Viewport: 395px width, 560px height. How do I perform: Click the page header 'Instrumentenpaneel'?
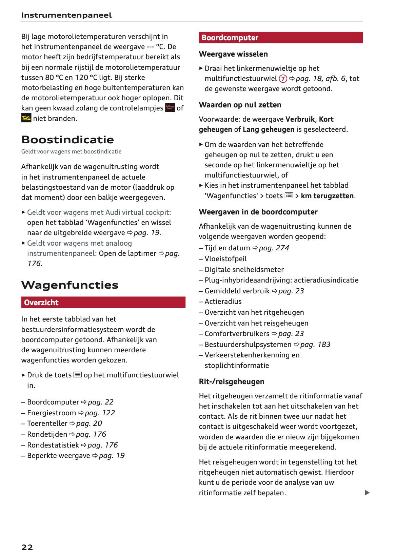click(x=66, y=15)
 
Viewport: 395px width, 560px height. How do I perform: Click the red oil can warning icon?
click(x=170, y=108)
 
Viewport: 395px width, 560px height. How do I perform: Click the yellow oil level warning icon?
click(x=26, y=118)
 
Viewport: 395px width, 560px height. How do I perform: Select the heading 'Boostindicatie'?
click(x=67, y=140)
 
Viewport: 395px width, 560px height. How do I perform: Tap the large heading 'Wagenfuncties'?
click(x=70, y=285)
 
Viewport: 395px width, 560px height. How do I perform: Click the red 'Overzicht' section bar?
click(x=103, y=303)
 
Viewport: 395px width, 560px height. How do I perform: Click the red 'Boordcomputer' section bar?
click(x=280, y=38)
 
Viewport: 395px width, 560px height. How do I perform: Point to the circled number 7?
click(x=283, y=79)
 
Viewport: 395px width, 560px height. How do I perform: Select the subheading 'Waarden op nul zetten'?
click(x=240, y=105)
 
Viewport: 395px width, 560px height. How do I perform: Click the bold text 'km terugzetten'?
click(x=327, y=196)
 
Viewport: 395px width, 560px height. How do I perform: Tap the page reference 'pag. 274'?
click(x=274, y=248)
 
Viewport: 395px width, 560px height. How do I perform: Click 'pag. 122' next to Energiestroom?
click(x=100, y=413)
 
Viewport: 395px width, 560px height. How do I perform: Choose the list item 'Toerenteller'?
click(x=47, y=423)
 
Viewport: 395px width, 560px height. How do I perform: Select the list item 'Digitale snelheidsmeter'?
click(x=244, y=270)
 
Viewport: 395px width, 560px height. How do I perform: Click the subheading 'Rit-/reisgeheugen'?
click(x=231, y=382)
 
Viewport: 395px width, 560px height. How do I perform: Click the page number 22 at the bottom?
click(x=27, y=547)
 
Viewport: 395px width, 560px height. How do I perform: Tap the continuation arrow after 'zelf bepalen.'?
click(x=367, y=493)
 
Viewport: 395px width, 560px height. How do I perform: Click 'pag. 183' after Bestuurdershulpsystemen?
click(x=315, y=345)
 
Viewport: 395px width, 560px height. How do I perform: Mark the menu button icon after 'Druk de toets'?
click(x=78, y=375)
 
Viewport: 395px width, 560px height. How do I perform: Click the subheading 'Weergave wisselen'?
click(x=233, y=54)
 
